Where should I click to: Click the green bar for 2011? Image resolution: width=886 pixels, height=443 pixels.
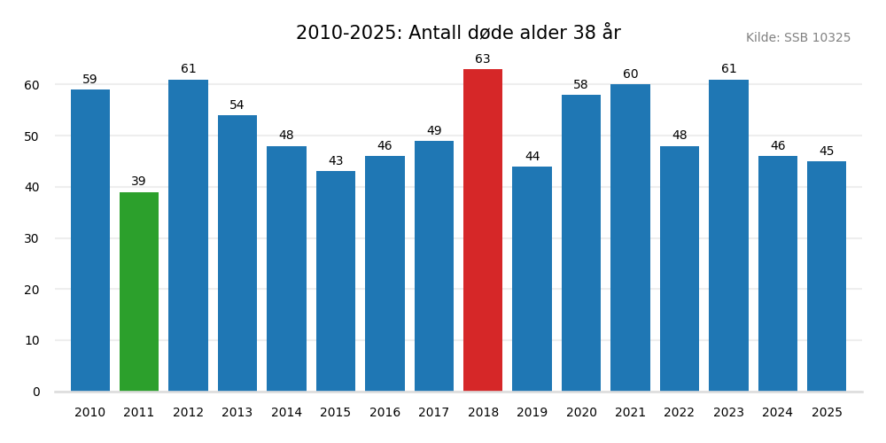[x=139, y=291]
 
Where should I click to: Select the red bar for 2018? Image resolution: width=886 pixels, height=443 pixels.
[x=483, y=230]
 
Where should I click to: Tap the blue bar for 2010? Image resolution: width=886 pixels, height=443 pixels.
[x=90, y=240]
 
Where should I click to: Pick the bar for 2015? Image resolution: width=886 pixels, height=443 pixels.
[x=336, y=281]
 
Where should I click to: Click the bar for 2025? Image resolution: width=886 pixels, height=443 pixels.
[x=827, y=276]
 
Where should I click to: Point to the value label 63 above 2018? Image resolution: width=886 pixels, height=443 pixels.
[x=483, y=59]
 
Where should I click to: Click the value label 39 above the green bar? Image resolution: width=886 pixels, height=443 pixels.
[x=139, y=182]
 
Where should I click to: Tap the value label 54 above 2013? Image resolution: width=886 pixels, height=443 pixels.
[x=237, y=105]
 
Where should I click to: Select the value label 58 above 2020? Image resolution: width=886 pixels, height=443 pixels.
[x=580, y=85]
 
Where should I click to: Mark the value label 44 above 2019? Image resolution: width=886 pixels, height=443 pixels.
[x=532, y=157]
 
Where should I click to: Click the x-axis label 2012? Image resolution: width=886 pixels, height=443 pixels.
[x=188, y=413]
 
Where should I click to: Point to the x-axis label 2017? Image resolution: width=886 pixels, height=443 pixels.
[x=433, y=413]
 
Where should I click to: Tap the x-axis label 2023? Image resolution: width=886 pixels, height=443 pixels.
[x=728, y=413]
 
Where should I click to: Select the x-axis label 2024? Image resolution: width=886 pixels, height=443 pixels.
[x=777, y=413]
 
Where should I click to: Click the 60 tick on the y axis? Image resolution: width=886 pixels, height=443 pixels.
[x=32, y=85]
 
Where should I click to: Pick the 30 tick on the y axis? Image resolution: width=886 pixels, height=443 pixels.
[x=32, y=238]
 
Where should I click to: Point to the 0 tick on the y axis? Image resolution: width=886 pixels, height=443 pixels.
[x=36, y=392]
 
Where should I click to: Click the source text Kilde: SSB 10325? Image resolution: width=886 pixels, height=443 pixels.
[x=797, y=38]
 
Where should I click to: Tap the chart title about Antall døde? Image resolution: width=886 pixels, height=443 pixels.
[x=458, y=34]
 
